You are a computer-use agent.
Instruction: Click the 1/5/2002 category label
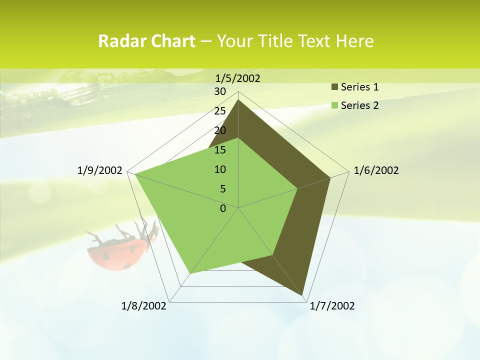click(237, 78)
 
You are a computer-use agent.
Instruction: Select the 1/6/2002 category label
click(376, 170)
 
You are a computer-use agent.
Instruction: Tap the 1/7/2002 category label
click(332, 306)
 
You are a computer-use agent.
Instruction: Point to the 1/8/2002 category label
click(144, 306)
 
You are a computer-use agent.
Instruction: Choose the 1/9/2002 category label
click(100, 170)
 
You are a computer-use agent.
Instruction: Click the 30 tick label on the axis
click(220, 91)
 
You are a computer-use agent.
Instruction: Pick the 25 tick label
click(220, 111)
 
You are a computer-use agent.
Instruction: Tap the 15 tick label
click(220, 150)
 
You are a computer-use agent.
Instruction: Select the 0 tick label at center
click(223, 208)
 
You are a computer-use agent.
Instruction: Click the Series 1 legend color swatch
click(335, 87)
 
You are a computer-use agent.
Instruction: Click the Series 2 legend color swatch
click(335, 105)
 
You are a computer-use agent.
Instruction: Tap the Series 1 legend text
click(359, 87)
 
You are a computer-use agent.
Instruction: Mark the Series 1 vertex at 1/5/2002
click(238, 99)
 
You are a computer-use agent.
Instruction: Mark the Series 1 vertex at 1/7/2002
click(302, 295)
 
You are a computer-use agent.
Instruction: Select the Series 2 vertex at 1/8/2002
click(190, 273)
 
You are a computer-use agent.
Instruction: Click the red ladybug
click(117, 252)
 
